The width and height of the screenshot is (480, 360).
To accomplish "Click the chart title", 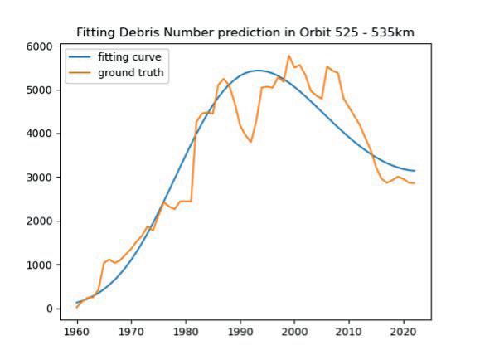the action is (x=245, y=33).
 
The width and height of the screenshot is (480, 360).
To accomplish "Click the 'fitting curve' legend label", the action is (x=129, y=57).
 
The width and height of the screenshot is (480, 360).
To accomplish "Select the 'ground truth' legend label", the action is (x=131, y=73).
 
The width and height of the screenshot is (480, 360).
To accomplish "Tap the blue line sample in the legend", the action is (x=80, y=57).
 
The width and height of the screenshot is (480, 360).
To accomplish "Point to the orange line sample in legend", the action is (x=80, y=73).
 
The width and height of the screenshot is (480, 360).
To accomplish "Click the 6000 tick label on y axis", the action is (x=40, y=46).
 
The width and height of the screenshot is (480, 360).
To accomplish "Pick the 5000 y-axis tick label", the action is (x=40, y=90).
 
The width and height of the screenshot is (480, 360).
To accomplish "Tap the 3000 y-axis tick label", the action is (x=40, y=178).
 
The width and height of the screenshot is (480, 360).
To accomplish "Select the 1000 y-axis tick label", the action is (x=40, y=265).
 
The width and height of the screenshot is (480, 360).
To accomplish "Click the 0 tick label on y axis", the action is (x=50, y=309).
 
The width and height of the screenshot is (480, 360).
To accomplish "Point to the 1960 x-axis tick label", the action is (x=77, y=332).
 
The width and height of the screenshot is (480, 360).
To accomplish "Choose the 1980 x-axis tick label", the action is (x=186, y=332).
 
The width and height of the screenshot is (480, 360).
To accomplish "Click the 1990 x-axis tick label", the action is (x=240, y=332).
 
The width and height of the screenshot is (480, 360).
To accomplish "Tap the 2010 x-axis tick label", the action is (x=349, y=332).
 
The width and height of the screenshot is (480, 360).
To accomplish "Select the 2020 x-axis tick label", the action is (x=404, y=332).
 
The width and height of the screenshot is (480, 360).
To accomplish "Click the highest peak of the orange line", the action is (x=289, y=56).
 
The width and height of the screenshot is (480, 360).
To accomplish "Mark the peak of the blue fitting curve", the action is (x=258, y=71).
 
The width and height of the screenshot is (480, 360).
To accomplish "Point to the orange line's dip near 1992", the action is (x=250, y=142).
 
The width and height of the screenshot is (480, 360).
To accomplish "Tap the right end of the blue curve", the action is (x=415, y=171).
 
